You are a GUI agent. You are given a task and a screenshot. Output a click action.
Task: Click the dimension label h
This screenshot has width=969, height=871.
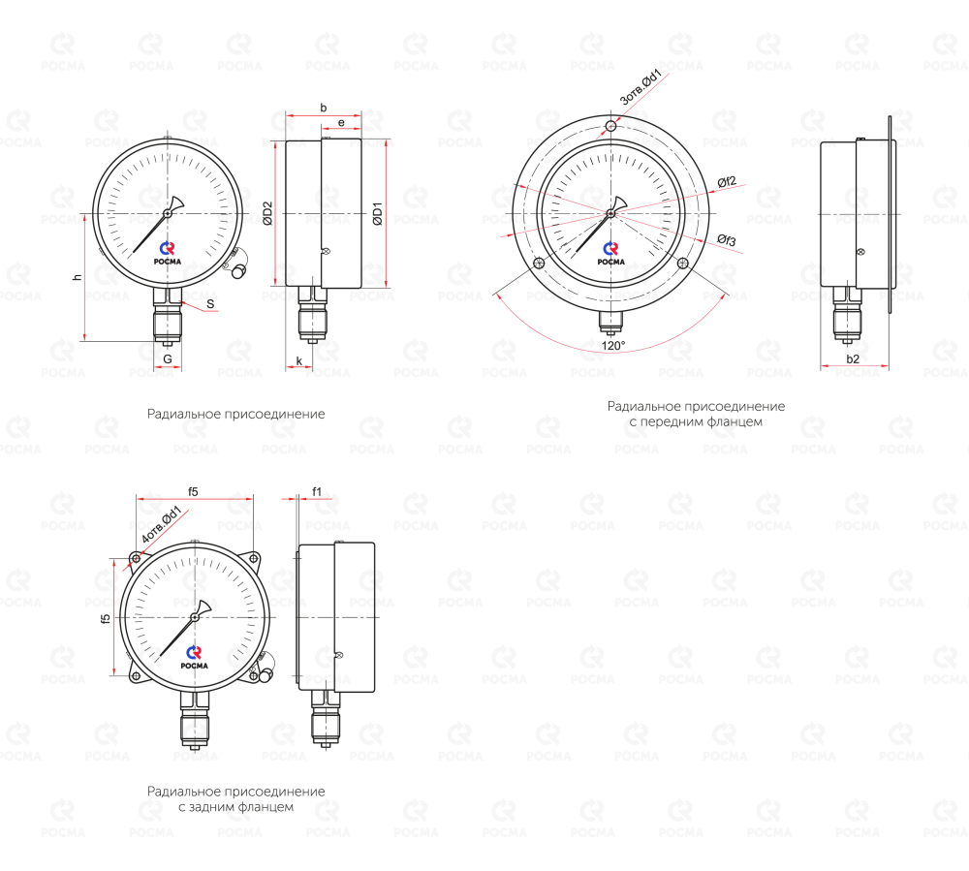tap(78, 277)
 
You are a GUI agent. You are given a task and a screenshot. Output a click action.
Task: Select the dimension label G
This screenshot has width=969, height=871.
tap(168, 358)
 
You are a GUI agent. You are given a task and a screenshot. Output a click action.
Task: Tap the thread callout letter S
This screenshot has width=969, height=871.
tap(210, 304)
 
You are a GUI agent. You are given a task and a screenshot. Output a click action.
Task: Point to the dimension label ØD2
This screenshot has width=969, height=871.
tap(267, 213)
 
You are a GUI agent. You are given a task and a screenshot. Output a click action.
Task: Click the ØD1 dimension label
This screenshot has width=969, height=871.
tap(378, 213)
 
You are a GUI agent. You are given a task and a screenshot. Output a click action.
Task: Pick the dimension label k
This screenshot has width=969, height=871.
tap(299, 360)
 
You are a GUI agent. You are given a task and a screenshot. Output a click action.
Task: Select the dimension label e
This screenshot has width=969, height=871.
tap(341, 123)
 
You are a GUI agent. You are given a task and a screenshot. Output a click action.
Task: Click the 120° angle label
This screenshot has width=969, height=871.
tap(613, 345)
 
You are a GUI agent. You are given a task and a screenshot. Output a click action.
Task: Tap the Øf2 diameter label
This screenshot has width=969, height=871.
tap(727, 181)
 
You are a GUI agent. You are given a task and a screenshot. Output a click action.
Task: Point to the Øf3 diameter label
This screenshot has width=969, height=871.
tap(727, 239)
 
